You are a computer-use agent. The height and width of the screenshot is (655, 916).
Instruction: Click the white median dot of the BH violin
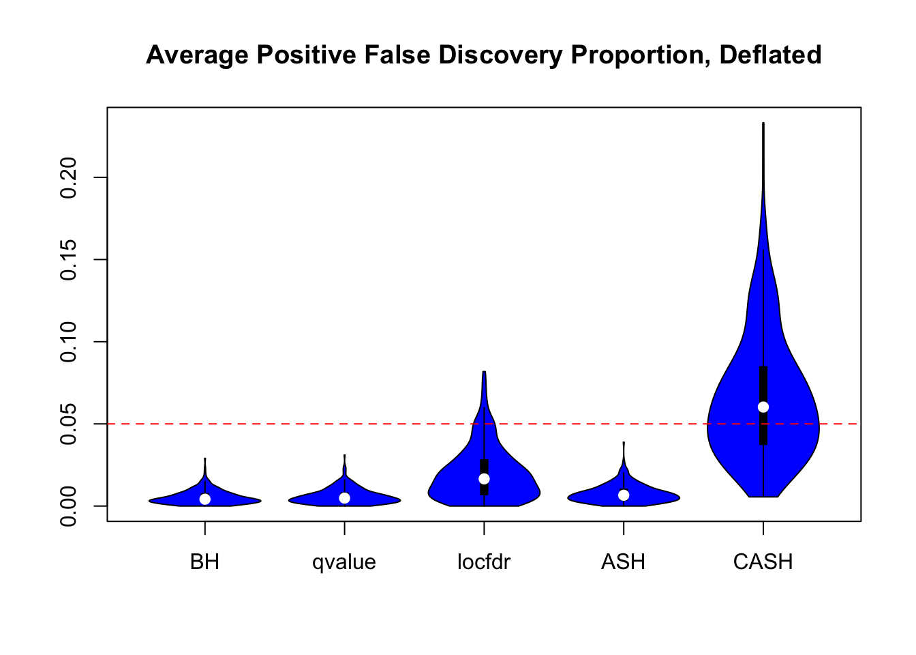pos(205,499)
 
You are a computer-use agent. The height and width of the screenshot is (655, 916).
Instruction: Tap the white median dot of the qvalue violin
pos(345,498)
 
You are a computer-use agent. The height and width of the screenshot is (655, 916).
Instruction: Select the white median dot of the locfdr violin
pos(484,479)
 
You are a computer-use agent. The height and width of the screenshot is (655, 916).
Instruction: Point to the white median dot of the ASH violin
pos(624,495)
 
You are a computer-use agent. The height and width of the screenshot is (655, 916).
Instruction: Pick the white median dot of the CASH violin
pos(763,407)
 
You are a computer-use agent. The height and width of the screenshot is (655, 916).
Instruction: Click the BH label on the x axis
pos(205,562)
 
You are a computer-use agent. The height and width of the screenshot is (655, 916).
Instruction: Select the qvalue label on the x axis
pos(344,562)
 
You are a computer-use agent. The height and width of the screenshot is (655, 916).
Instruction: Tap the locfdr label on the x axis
pos(484,562)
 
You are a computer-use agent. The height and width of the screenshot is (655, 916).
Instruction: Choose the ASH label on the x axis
pos(624,562)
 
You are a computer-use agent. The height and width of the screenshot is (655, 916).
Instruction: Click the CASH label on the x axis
pos(763,562)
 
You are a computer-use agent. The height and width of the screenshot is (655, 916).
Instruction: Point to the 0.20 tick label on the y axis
pos(68,177)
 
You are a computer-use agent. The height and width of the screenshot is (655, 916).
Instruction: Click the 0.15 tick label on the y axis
pos(68,260)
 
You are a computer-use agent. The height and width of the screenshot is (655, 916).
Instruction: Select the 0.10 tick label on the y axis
pos(68,342)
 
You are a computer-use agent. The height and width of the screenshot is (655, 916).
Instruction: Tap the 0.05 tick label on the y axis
pos(68,424)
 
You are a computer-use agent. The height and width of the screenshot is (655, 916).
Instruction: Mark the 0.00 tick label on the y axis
pos(68,506)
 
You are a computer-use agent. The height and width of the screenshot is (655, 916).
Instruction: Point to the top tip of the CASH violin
pos(763,123)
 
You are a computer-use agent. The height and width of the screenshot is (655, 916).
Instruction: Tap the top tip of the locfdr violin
pos(484,372)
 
